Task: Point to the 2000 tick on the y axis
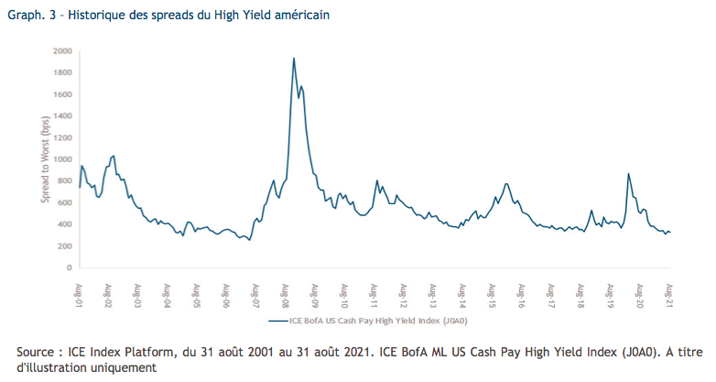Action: (63, 51)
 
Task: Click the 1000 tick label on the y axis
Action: (63, 159)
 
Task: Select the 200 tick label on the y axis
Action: (65, 246)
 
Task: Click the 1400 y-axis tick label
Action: (63, 116)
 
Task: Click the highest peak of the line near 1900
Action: (293, 59)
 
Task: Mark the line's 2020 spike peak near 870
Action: (628, 174)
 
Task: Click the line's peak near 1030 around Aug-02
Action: (113, 156)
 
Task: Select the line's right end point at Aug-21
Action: (671, 233)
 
